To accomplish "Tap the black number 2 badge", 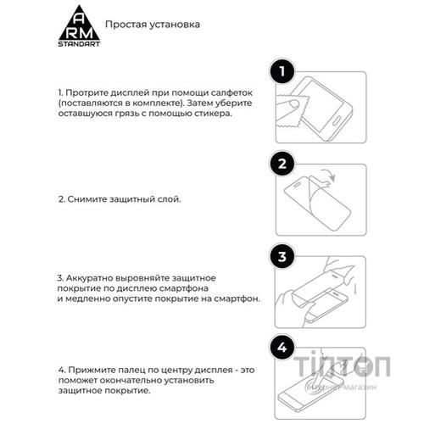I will click(x=282, y=164).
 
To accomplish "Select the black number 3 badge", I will click(x=282, y=257).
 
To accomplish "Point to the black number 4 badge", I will click(x=282, y=348).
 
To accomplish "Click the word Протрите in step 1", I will click(x=88, y=91).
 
